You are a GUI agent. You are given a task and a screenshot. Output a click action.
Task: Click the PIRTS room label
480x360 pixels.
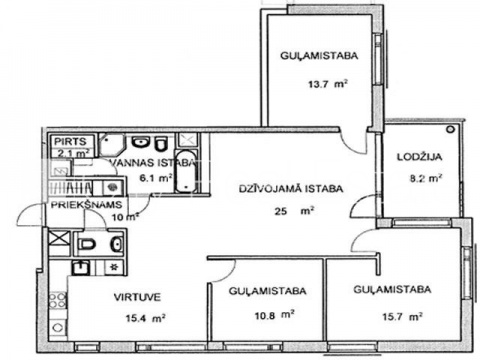(70, 141)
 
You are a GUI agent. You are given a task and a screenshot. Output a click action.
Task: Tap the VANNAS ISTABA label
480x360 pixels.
(153, 163)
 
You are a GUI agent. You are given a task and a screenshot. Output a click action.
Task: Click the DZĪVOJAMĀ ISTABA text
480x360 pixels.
(291, 189)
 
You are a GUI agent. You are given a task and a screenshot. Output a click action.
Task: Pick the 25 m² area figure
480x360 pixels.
(294, 211)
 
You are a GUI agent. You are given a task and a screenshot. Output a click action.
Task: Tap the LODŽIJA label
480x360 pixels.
(419, 157)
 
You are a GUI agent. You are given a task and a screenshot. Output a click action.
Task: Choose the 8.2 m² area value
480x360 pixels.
(426, 178)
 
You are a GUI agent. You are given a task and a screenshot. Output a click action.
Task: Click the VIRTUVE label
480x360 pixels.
(137, 297)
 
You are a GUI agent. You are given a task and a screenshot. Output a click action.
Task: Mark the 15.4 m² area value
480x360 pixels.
(145, 318)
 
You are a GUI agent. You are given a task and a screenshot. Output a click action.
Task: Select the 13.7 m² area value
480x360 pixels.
(328, 84)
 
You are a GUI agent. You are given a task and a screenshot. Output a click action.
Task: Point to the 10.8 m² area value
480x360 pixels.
(274, 315)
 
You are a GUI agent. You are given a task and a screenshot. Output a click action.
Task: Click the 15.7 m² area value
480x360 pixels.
(403, 316)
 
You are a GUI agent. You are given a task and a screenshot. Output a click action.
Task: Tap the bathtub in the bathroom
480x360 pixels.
(186, 172)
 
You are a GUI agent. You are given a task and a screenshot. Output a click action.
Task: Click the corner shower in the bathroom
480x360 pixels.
(112, 144)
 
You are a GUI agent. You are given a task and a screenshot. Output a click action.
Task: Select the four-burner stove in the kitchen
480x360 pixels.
(57, 300)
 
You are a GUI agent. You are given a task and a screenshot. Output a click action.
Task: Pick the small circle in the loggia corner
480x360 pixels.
(451, 129)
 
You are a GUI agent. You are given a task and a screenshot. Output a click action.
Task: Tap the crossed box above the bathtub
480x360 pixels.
(187, 140)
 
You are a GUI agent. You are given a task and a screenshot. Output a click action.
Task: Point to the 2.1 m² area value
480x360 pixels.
(74, 153)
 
